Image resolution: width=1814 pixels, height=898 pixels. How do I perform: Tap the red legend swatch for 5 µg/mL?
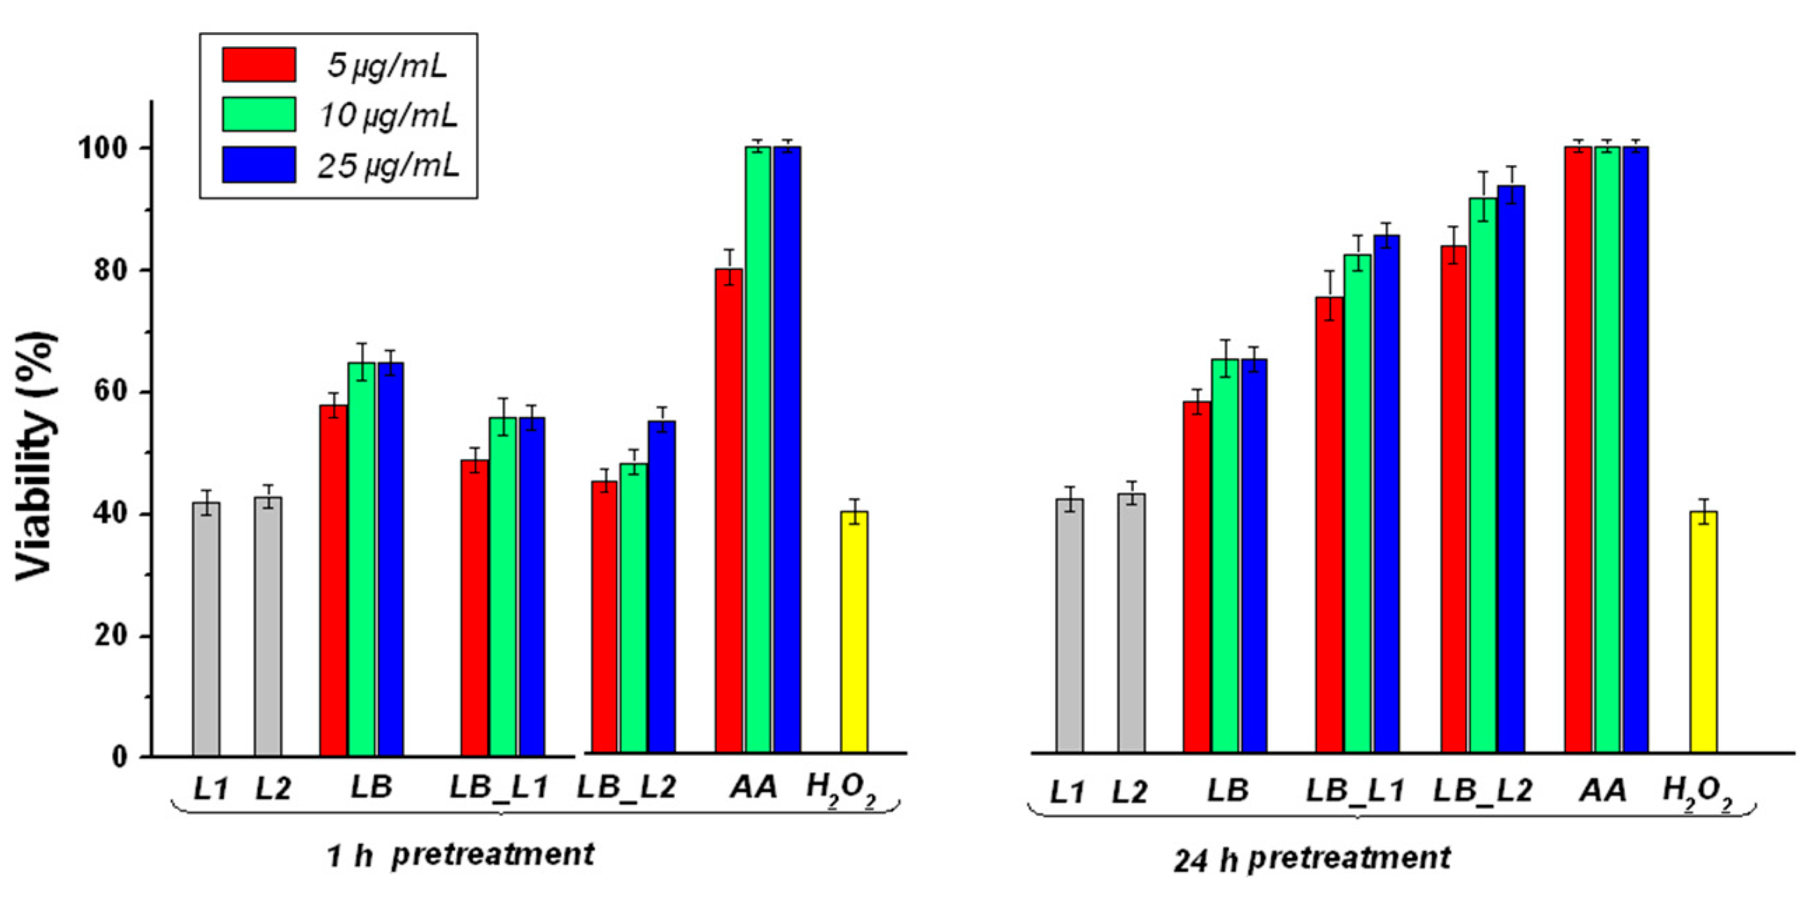click(258, 65)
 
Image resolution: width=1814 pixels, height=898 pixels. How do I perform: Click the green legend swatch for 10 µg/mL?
click(258, 114)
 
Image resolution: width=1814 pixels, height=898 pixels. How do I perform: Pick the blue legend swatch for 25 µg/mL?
click(258, 164)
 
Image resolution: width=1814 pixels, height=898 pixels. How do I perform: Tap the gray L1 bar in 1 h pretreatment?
click(206, 627)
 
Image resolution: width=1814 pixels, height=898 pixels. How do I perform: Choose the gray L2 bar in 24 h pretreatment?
click(1131, 622)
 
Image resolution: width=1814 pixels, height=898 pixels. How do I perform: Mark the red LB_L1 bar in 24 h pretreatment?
click(1329, 525)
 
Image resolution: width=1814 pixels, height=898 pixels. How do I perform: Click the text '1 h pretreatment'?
click(460, 855)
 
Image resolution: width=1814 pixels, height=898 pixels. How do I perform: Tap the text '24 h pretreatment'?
click(1311, 859)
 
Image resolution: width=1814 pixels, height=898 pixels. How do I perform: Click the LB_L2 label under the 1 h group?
click(626, 787)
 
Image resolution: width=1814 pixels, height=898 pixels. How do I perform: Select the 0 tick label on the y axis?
click(120, 757)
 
